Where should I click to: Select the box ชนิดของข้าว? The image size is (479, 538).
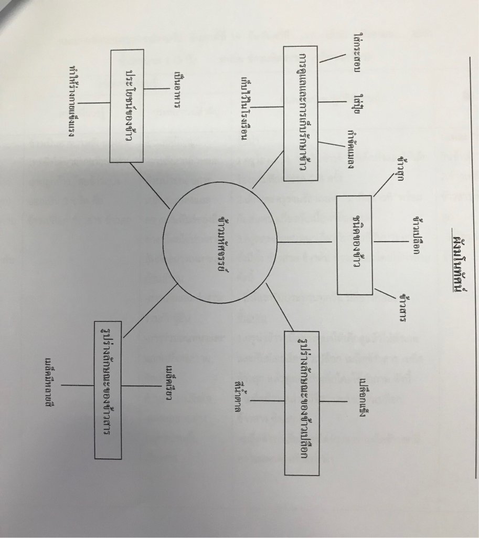(355, 244)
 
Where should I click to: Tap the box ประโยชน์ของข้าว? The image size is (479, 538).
(126, 105)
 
